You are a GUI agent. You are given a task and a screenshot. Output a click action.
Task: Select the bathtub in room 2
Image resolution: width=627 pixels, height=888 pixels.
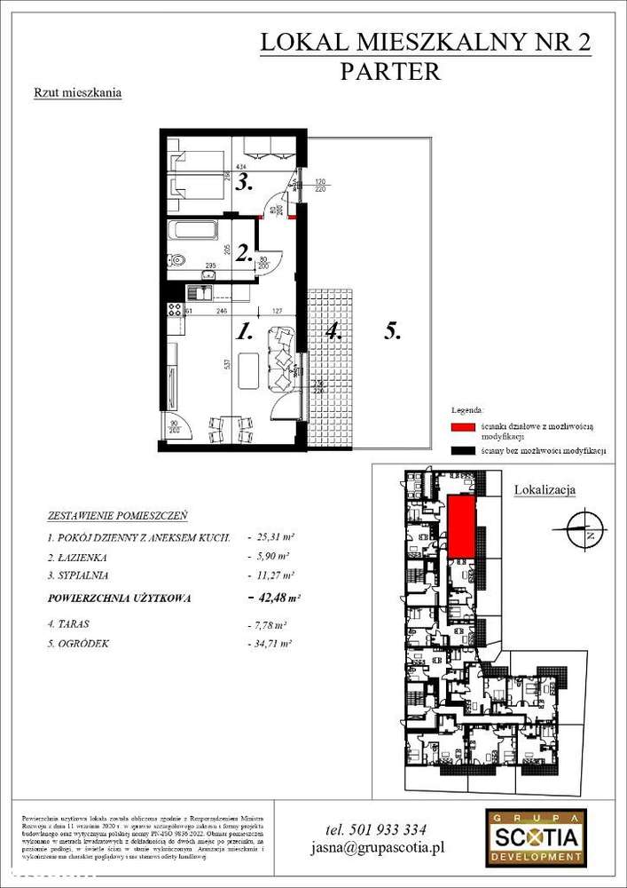(193, 231)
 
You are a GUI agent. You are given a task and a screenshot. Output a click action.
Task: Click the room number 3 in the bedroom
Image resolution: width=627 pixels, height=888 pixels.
(245, 184)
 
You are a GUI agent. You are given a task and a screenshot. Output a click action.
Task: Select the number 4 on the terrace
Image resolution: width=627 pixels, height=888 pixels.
(333, 332)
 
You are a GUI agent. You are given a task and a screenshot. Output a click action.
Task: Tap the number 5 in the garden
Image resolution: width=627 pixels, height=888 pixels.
(394, 331)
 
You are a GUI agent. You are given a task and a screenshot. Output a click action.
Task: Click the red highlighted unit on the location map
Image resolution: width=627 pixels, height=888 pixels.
(461, 527)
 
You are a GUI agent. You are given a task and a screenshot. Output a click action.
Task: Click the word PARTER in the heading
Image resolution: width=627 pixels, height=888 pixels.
(390, 73)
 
